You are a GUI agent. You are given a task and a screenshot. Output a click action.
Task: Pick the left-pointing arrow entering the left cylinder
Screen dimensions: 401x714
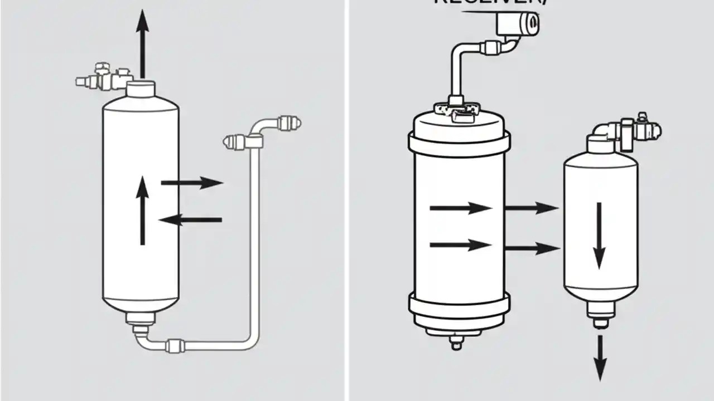click(x=191, y=220)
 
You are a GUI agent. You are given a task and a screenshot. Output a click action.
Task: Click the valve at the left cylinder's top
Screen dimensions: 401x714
click(x=103, y=78)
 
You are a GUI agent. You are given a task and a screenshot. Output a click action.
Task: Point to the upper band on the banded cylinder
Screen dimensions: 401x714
click(x=459, y=141)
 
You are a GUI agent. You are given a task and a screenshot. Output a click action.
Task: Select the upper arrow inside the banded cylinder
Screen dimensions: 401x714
click(x=461, y=209)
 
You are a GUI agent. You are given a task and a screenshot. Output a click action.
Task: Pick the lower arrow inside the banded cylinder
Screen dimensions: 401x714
click(x=461, y=245)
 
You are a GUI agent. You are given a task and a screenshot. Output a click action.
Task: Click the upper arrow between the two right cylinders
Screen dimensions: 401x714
click(x=532, y=209)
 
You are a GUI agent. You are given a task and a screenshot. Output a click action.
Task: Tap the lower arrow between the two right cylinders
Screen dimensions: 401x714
click(x=532, y=248)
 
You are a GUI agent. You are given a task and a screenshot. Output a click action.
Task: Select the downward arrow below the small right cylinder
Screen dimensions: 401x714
click(x=600, y=357)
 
